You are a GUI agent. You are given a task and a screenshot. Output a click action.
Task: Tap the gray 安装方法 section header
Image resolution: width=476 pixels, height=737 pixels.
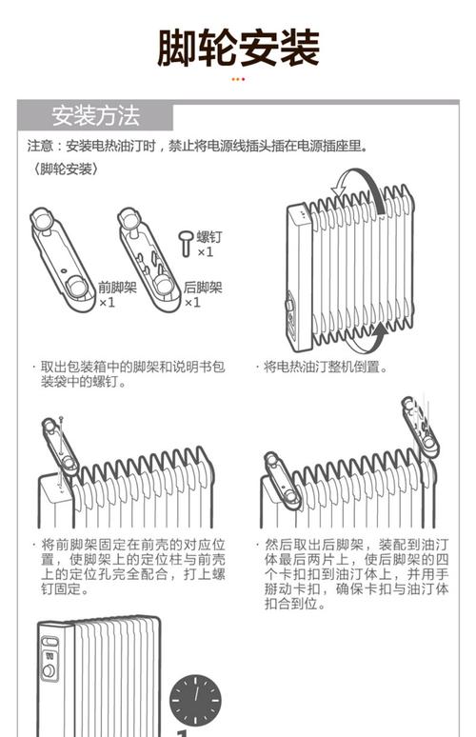pyautogui.click(x=95, y=116)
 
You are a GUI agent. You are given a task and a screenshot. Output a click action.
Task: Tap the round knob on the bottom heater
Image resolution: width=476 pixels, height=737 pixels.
pyautogui.click(x=48, y=670)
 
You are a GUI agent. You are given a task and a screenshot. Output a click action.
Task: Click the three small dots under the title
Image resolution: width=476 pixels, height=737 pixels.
pyautogui.click(x=238, y=79)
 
